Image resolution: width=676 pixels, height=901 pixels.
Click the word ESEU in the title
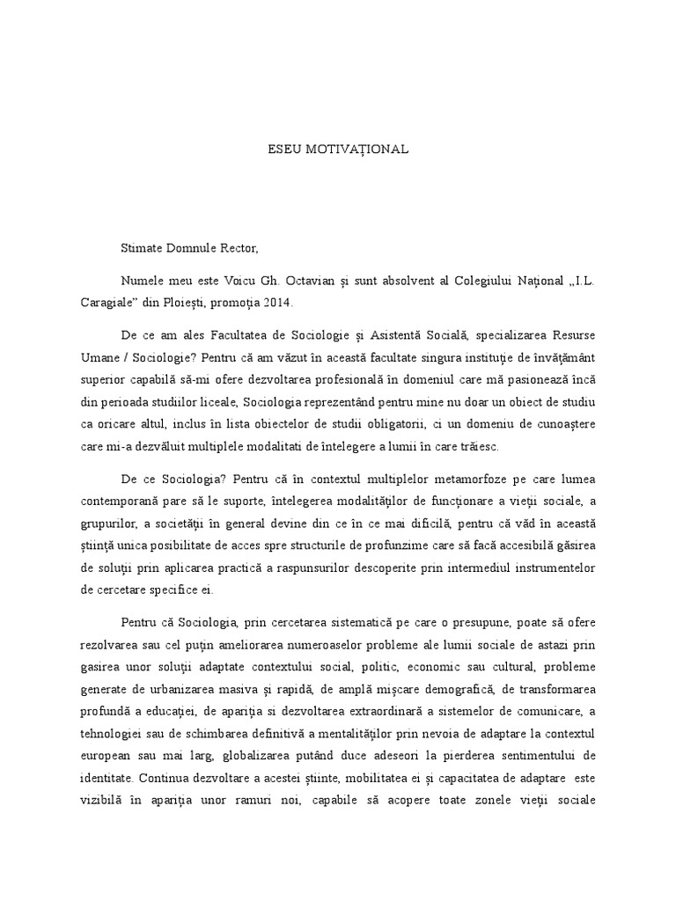(285, 150)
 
